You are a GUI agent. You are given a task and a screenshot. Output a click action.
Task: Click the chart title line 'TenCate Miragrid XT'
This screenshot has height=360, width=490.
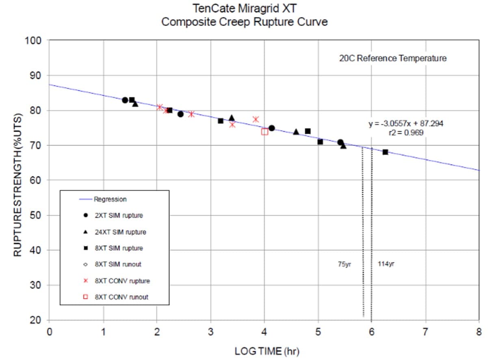click(x=245, y=8)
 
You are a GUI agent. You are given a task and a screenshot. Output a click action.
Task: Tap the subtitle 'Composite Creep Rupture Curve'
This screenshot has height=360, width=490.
click(x=245, y=22)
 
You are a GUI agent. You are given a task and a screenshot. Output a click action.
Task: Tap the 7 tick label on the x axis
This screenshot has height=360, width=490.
click(x=425, y=331)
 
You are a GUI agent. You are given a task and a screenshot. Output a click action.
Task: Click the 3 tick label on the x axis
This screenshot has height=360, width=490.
click(x=210, y=331)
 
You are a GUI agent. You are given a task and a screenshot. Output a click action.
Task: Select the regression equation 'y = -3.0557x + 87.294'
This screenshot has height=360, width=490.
click(x=406, y=124)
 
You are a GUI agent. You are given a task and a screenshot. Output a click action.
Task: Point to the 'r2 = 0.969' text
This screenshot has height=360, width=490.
click(x=406, y=132)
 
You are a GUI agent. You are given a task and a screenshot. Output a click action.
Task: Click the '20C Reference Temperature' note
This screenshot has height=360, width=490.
click(x=392, y=58)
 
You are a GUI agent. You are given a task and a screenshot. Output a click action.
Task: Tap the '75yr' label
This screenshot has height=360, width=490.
click(x=344, y=264)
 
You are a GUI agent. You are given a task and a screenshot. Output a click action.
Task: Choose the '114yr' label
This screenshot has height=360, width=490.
click(x=386, y=264)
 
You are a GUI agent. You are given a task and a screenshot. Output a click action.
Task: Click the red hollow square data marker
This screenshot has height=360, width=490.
click(x=265, y=132)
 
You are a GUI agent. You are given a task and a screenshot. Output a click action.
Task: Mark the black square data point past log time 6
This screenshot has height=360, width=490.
click(x=385, y=152)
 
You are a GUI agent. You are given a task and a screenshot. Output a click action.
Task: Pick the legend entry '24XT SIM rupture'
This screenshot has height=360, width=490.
click(x=120, y=232)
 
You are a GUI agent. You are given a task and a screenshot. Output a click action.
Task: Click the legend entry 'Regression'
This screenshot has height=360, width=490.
click(x=110, y=200)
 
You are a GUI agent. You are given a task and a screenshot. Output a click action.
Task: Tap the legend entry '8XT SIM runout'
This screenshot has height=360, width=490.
click(x=118, y=265)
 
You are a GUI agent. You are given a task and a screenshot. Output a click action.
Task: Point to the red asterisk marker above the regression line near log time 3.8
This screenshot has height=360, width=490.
click(x=256, y=119)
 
